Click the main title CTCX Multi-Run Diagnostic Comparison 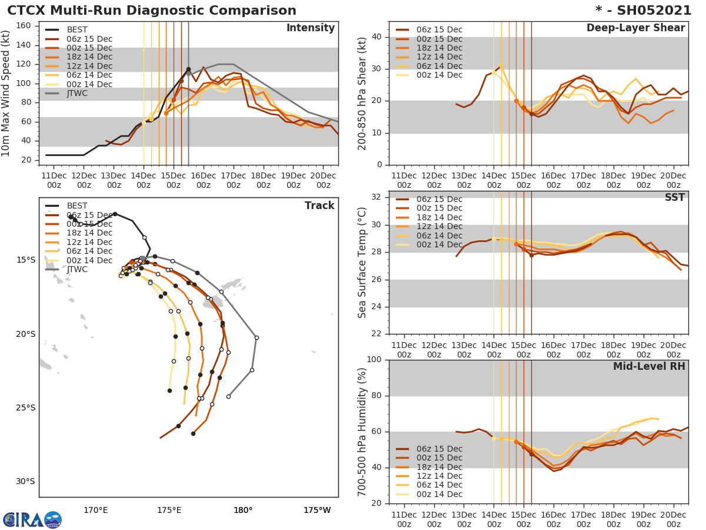click(152, 11)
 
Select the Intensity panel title click(310, 28)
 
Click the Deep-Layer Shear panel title click(635, 28)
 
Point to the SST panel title click(674, 197)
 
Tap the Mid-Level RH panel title click(649, 366)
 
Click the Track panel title click(319, 206)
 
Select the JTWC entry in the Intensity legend click(78, 94)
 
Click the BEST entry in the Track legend click(77, 206)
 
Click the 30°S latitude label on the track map click(25, 481)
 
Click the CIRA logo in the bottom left click(32, 520)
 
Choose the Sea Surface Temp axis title click(362, 262)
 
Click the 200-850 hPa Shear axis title click(362, 93)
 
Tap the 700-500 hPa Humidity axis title click(362, 432)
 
